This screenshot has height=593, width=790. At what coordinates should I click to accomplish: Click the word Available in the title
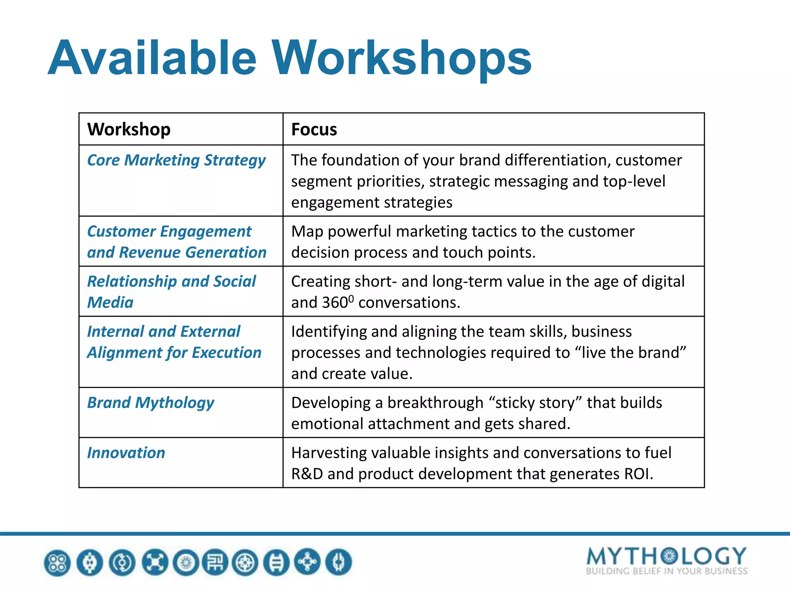tap(152, 58)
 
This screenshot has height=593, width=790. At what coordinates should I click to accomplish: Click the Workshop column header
tap(129, 129)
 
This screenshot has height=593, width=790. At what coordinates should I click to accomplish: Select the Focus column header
tap(314, 129)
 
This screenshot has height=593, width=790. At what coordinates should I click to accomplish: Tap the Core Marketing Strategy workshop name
tap(176, 160)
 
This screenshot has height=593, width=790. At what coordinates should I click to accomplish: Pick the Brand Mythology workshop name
tap(150, 403)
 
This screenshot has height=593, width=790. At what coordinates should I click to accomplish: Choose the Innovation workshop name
tap(126, 453)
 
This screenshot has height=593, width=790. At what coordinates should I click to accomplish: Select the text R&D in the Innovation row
tap(307, 474)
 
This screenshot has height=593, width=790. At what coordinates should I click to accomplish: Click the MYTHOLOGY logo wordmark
tap(666, 556)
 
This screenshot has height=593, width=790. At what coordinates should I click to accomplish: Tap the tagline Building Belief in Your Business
tap(666, 571)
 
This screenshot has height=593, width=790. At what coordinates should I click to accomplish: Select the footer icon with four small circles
tap(57, 563)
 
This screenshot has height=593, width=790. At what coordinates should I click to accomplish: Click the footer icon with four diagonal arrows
tap(155, 563)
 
